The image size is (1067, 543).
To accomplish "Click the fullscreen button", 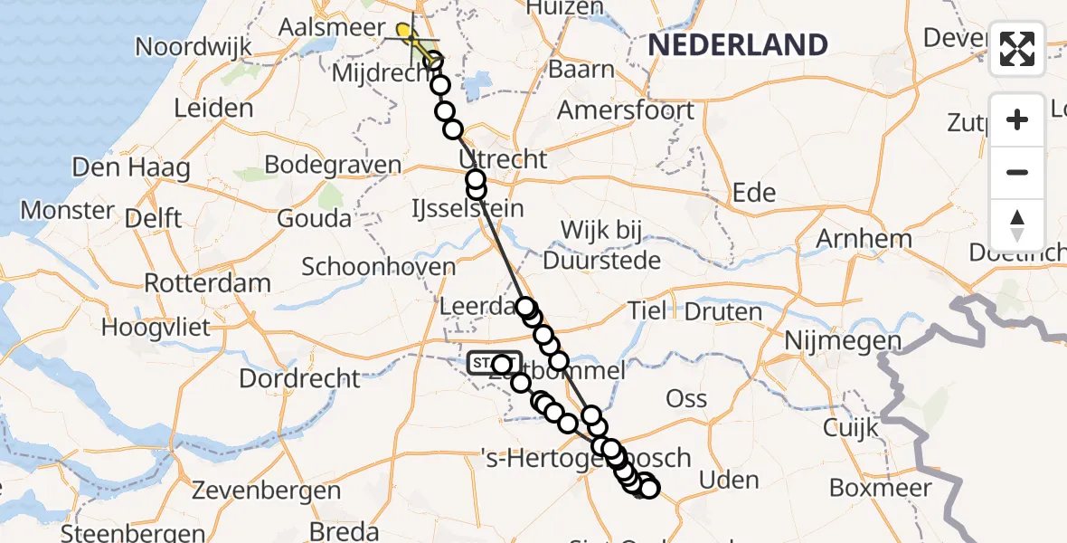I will pyautogui.click(x=1017, y=49).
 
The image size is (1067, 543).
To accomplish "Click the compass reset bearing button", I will pyautogui.click(x=1017, y=225).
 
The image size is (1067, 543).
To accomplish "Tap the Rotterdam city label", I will pyautogui.click(x=207, y=282).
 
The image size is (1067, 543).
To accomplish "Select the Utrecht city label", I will pyautogui.click(x=504, y=159).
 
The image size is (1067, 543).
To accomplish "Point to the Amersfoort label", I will pyautogui.click(x=626, y=110).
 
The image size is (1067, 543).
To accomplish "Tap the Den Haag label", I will pyautogui.click(x=131, y=167).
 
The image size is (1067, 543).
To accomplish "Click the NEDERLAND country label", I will pyautogui.click(x=738, y=44).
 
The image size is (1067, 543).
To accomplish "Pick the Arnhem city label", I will pyautogui.click(x=864, y=239).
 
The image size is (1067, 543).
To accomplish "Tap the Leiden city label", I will pyautogui.click(x=213, y=109).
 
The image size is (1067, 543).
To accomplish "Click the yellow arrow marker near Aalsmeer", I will pyautogui.click(x=406, y=34).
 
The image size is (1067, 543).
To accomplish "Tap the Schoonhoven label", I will pyautogui.click(x=378, y=267).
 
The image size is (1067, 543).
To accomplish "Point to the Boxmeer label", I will pyautogui.click(x=880, y=489).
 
